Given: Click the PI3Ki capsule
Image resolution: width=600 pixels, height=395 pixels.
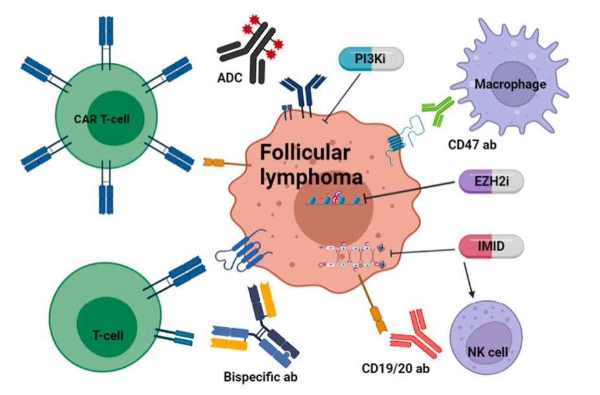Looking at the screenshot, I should point(371,60).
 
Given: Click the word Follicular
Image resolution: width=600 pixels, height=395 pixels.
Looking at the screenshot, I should point(305,154).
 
